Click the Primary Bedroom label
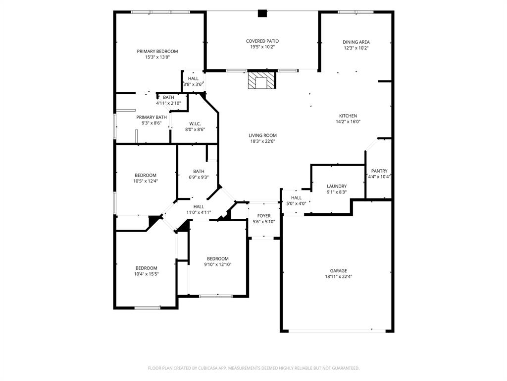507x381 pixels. click(x=157, y=51)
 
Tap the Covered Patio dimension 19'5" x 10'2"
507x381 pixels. click(x=262, y=47)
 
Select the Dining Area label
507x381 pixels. click(x=356, y=42)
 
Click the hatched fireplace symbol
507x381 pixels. click(x=261, y=80)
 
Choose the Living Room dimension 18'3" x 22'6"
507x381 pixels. click(x=262, y=141)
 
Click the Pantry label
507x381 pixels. click(x=379, y=171)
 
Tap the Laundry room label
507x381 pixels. click(x=336, y=186)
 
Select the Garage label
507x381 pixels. click(x=339, y=271)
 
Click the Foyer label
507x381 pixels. click(x=264, y=216)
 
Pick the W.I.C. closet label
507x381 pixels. click(x=195, y=124)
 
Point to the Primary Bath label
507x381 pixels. click(x=152, y=117)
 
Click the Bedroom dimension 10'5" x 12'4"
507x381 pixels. click(x=146, y=181)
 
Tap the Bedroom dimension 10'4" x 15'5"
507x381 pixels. click(x=146, y=274)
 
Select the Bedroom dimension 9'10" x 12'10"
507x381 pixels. click(x=218, y=264)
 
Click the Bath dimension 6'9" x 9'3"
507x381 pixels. click(x=199, y=177)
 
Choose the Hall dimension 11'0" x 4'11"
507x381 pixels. click(x=199, y=212)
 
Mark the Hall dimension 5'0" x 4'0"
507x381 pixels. click(x=296, y=203)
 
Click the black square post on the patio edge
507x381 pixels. click(x=262, y=13)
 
